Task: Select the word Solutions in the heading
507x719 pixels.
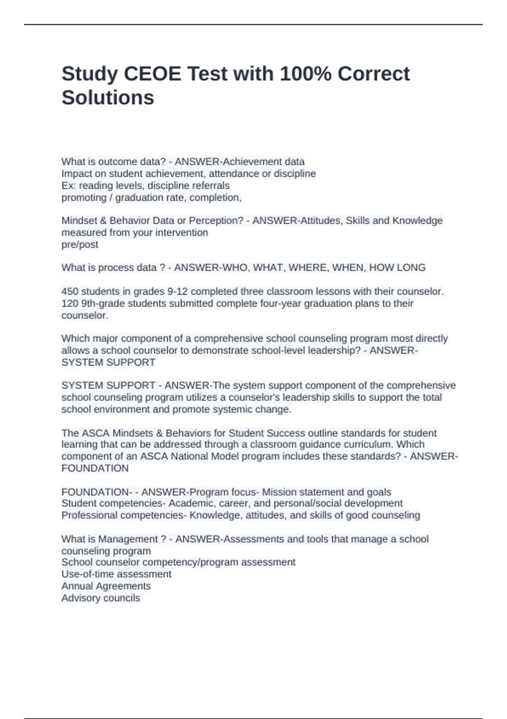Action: point(108,98)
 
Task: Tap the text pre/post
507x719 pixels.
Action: point(80,244)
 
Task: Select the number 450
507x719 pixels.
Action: point(70,291)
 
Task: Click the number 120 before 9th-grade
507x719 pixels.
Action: point(70,303)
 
